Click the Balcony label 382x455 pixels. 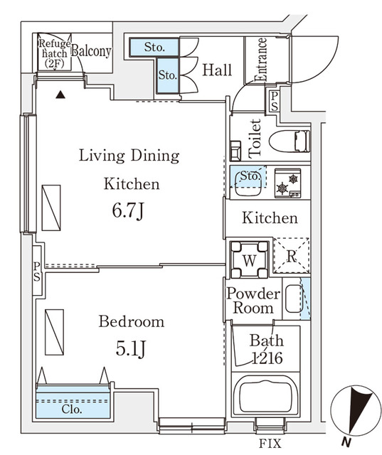[91, 51]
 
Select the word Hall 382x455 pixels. [217, 70]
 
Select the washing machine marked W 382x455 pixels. [248, 259]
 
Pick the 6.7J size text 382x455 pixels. [129, 212]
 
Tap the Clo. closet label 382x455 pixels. [71, 409]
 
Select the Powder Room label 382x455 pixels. [253, 301]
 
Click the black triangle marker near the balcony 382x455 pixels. [61, 94]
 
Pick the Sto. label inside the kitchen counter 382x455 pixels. [248, 175]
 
